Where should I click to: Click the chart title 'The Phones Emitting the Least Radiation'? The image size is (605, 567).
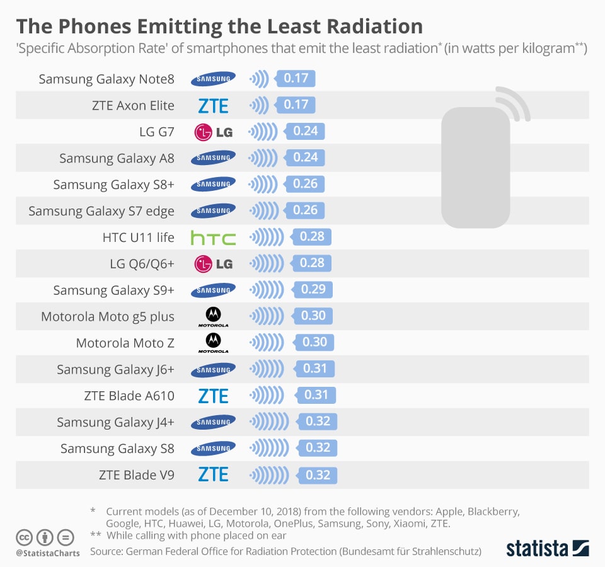[219, 26]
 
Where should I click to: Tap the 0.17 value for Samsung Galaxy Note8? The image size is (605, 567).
[296, 79]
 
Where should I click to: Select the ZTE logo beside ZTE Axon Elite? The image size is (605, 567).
[213, 105]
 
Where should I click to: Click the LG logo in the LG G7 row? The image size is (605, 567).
[213, 132]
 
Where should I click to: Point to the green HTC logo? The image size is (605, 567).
[213, 238]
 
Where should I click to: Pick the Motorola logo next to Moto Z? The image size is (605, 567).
[213, 343]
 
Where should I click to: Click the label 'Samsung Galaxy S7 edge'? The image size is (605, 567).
[101, 211]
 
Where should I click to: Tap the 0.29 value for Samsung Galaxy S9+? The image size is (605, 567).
[313, 290]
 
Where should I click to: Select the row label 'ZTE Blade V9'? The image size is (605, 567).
[136, 475]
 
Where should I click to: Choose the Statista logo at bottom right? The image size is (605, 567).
[547, 547]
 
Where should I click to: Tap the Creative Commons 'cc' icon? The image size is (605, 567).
[25, 538]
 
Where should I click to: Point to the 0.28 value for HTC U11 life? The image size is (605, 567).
[312, 237]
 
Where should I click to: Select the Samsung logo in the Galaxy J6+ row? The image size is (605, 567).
[213, 369]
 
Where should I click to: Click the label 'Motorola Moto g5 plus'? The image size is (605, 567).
[107, 316]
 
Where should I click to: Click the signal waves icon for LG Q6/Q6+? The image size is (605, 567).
[265, 263]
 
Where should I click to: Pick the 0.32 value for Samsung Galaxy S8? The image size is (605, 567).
[318, 448]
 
